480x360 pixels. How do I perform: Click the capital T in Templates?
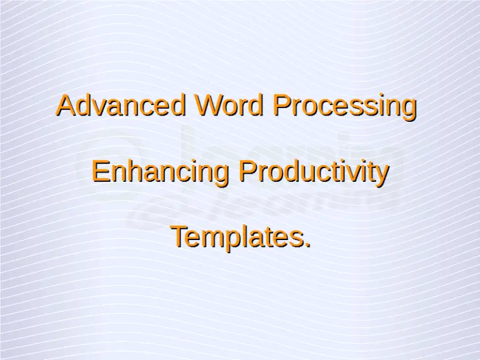[x=180, y=237]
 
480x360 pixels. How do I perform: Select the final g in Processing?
[x=408, y=109]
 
